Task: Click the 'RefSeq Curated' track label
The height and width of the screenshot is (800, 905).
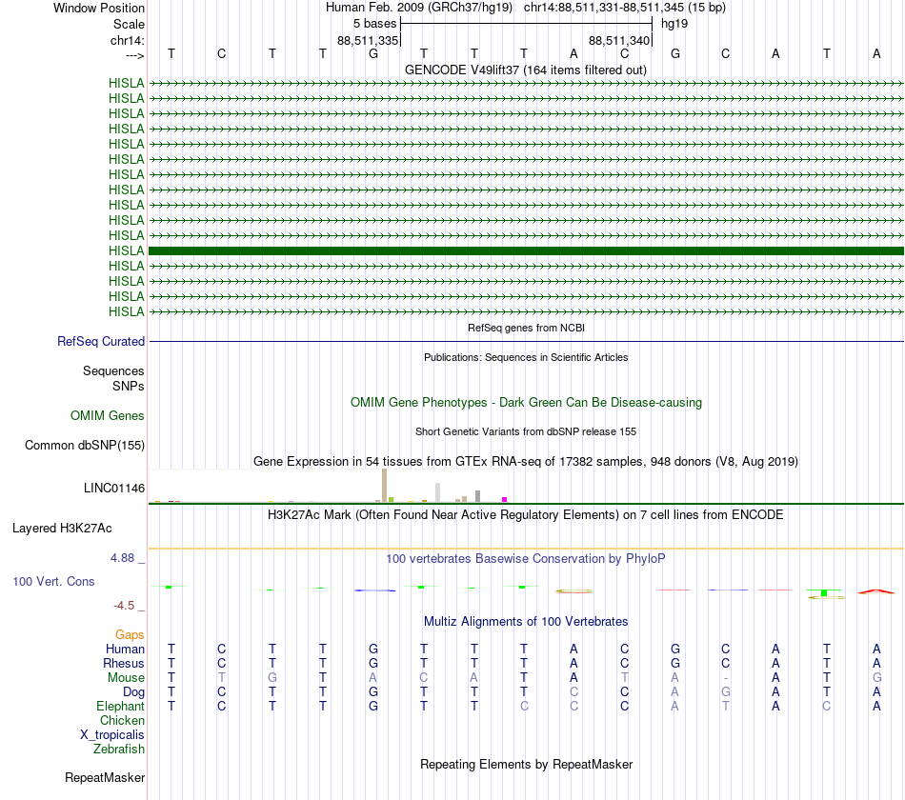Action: [x=100, y=342]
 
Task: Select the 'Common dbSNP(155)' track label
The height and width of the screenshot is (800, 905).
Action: [x=85, y=446]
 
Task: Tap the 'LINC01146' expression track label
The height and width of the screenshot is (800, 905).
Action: [x=113, y=489]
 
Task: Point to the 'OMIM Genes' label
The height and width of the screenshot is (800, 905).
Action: [x=108, y=416]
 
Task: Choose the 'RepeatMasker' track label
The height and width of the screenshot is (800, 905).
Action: [x=105, y=778]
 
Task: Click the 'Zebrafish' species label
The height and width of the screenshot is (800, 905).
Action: [x=119, y=750]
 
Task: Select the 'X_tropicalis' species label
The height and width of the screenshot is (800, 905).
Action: [x=112, y=735]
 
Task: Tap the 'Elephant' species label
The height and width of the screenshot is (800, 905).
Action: [x=120, y=707]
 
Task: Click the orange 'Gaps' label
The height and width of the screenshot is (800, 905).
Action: [x=130, y=634]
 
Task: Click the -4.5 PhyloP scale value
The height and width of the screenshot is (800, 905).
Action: [x=126, y=606]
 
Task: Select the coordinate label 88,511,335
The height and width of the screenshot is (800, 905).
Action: [x=368, y=41]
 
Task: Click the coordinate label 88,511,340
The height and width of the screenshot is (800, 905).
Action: [x=619, y=41]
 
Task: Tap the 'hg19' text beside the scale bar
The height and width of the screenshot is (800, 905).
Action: [x=674, y=23]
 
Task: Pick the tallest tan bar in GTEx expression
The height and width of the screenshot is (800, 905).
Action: [x=384, y=485]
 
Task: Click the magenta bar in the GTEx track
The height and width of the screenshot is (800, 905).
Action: [x=505, y=499]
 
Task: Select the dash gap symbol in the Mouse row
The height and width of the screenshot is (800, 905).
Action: [x=726, y=678]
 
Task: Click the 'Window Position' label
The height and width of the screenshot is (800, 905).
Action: [x=99, y=8]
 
